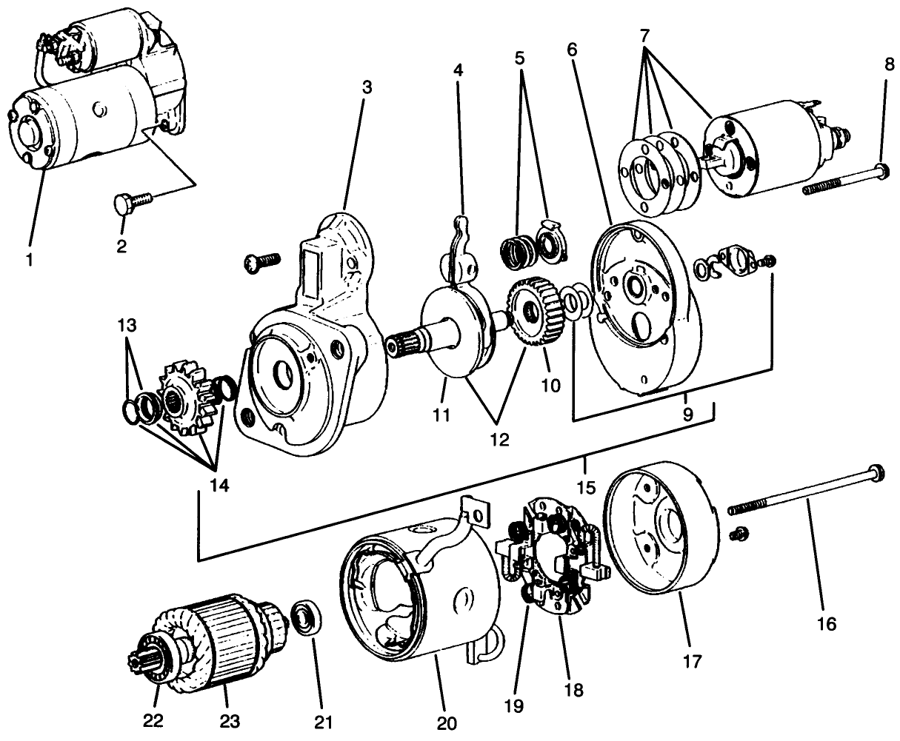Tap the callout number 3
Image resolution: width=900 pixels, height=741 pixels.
pos(367,87)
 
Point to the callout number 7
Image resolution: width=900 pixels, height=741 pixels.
pos(645,35)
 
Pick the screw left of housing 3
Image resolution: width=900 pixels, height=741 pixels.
pos(264,259)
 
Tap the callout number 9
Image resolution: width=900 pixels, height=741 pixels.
pos(687,414)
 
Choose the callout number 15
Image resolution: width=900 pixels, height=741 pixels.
pos(585,488)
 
